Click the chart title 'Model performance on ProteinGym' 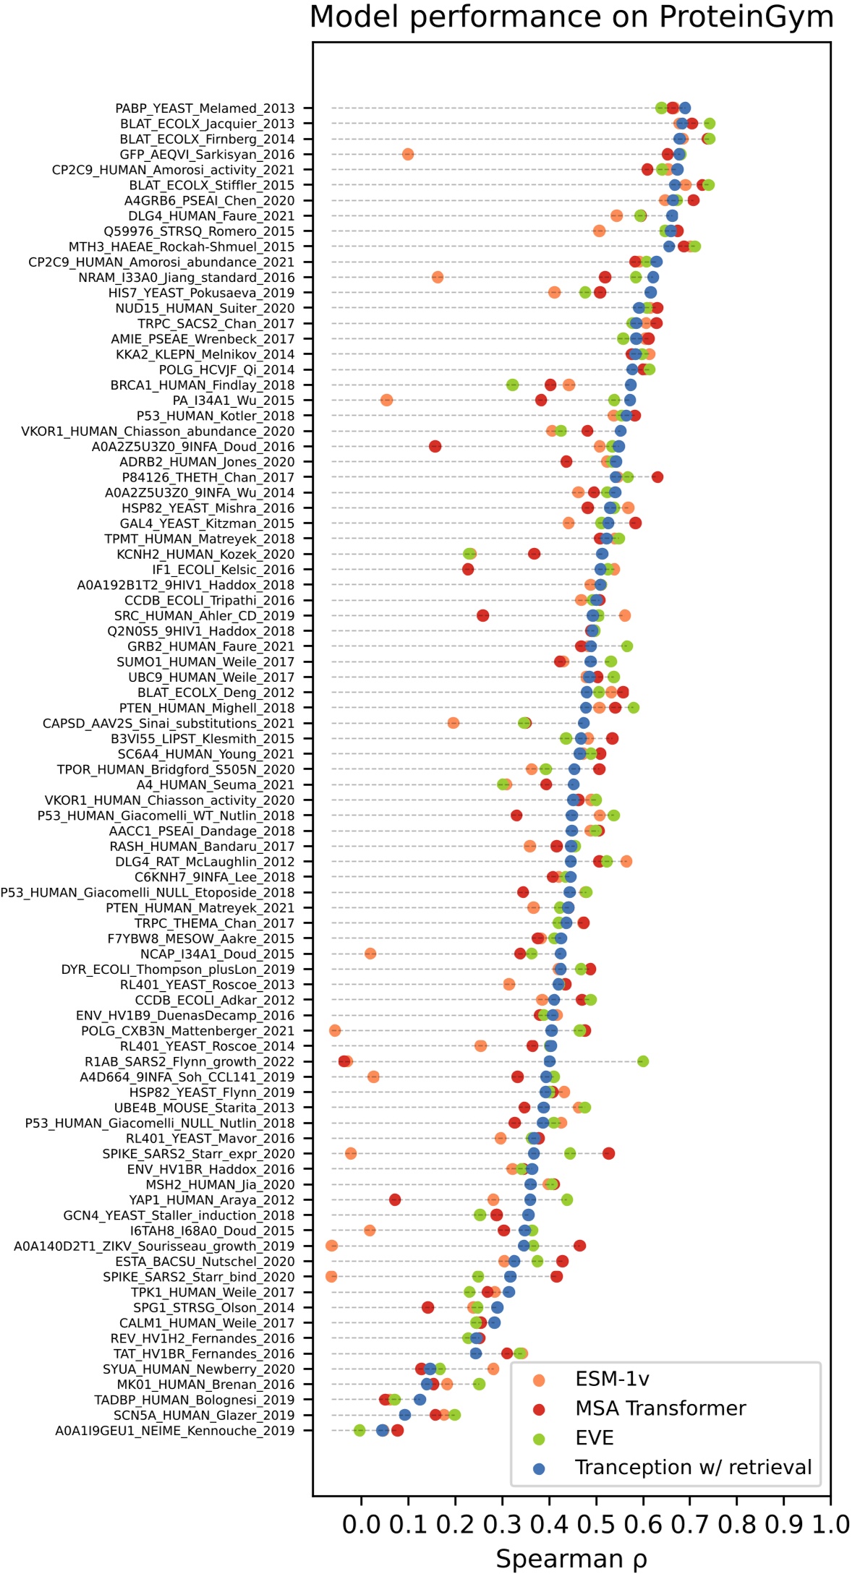571,17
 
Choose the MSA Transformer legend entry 660,1408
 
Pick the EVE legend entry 594,1437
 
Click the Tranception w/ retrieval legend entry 693,1467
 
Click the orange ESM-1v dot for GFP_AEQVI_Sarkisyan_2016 408,154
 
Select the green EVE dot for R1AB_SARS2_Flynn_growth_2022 643,1061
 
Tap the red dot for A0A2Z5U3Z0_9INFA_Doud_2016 435,446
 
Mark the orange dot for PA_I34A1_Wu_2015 386,400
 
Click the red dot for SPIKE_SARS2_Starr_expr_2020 609,1153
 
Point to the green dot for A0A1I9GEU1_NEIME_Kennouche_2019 359,1430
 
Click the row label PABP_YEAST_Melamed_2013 205,108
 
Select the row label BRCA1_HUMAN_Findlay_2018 203,385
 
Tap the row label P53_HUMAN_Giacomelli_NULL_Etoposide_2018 148,892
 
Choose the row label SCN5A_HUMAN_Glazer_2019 204,1415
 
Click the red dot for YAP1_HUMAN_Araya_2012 395,1199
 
